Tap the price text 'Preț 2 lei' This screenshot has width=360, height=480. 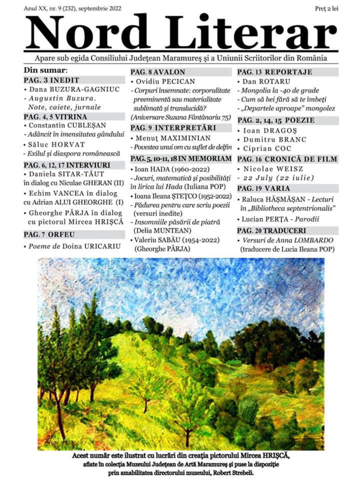(327, 9)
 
